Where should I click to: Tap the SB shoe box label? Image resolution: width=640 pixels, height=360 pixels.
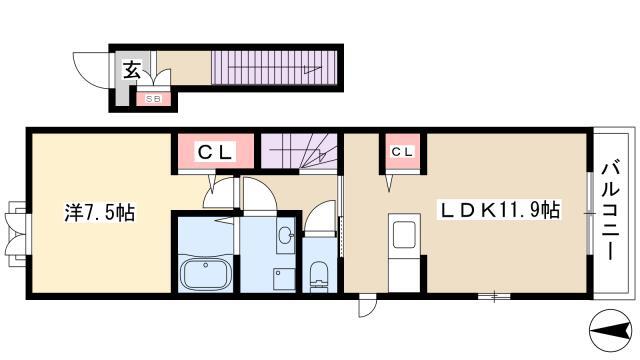click(x=153, y=99)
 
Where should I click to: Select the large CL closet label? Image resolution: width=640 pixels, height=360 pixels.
click(x=216, y=152)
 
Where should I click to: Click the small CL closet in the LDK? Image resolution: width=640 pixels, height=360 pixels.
click(x=402, y=152)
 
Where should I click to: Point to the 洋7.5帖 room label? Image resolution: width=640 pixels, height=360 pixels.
click(x=100, y=212)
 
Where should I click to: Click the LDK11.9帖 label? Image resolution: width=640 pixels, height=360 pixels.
click(x=498, y=210)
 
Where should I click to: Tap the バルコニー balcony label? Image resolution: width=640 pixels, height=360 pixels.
click(x=611, y=211)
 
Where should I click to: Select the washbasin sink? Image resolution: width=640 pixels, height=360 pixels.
click(x=286, y=235)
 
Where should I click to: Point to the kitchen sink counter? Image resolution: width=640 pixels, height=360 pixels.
click(x=404, y=253)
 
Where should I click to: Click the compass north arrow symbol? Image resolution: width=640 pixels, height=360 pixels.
click(x=611, y=330)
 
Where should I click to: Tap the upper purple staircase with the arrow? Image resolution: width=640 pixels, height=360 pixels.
click(x=274, y=68)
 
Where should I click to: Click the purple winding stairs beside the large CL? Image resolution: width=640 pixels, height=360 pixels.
click(x=299, y=151)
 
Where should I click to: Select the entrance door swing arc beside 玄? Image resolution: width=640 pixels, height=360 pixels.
click(x=91, y=70)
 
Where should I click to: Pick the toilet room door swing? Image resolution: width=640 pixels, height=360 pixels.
click(x=319, y=218)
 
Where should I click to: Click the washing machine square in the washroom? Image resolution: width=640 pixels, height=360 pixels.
click(x=284, y=278)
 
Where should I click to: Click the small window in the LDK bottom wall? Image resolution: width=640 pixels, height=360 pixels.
click(x=494, y=296)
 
